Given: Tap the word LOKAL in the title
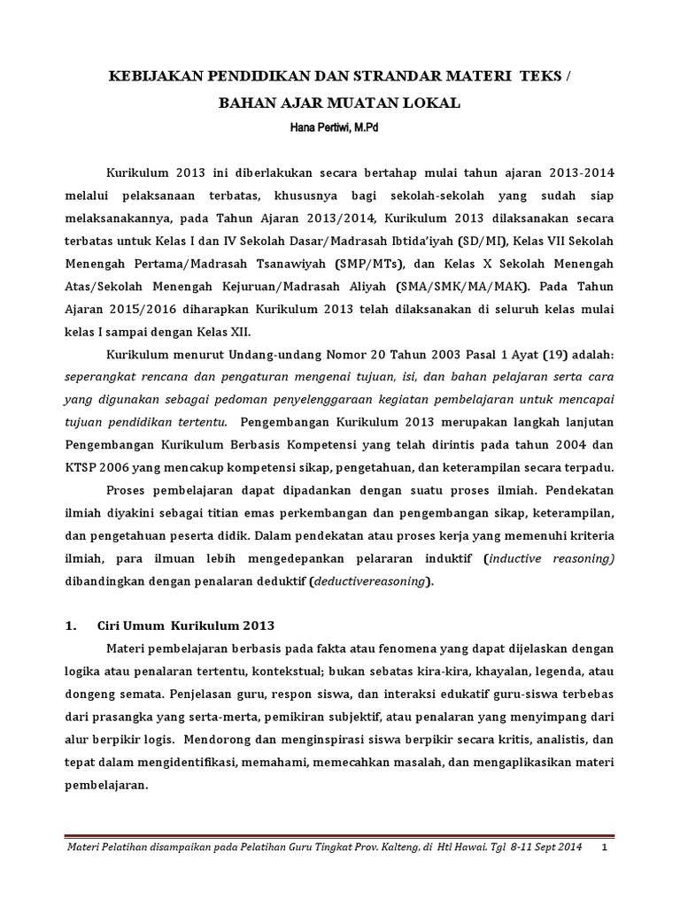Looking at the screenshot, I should click(433, 104).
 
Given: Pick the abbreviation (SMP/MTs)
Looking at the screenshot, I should click(366, 262).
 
